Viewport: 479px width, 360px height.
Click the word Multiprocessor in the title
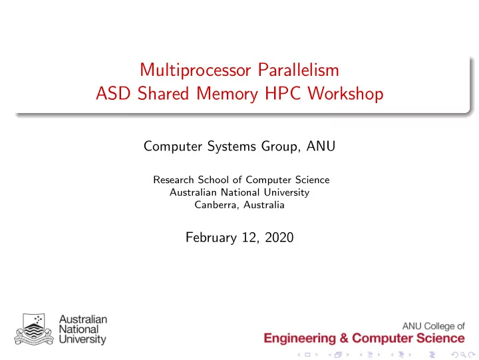coord(196,71)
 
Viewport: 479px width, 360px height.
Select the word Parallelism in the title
coord(299,70)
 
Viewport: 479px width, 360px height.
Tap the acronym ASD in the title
coord(113,93)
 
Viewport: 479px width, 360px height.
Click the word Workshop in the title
coord(345,93)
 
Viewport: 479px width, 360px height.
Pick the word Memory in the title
coord(227,94)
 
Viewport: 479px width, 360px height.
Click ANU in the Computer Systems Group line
coord(321,146)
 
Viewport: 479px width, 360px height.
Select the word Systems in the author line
coord(232,146)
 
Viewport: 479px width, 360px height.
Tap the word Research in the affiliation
coord(174,180)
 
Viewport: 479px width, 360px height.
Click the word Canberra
coord(217,205)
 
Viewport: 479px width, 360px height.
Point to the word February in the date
coord(211,238)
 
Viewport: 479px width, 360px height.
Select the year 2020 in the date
coord(279,238)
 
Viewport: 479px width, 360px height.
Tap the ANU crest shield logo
coord(34,329)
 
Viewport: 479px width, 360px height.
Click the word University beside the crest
coord(82,339)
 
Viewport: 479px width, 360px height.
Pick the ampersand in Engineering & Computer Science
coord(344,338)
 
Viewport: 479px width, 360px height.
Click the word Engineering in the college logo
coord(299,339)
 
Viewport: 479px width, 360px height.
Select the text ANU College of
coord(434,326)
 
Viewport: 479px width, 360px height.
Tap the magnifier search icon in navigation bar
coord(464,355)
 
